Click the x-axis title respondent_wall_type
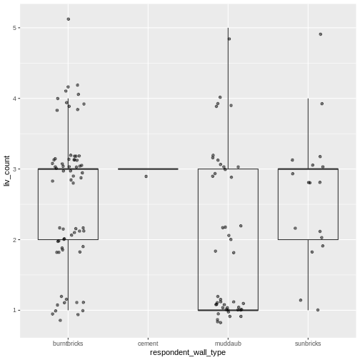[189, 352]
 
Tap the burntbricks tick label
[68, 343]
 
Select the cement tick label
[148, 343]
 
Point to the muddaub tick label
[228, 343]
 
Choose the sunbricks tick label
[308, 343]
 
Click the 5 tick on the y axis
[14, 28]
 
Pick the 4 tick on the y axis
[14, 99]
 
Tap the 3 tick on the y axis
[14, 169]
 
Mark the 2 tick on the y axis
[14, 240]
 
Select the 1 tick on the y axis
[14, 310]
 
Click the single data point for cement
[146, 176]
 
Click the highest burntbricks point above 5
[69, 19]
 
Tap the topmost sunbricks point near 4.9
[321, 34]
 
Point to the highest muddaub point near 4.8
[229, 39]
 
